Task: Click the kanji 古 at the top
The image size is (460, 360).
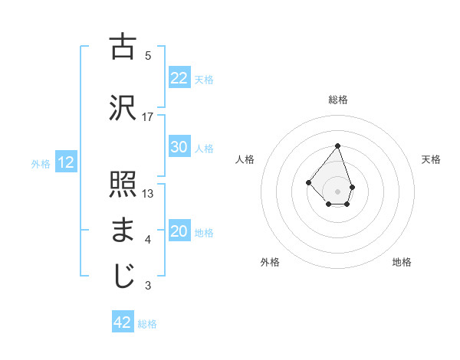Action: click(123, 47)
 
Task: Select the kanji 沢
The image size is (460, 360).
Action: click(123, 106)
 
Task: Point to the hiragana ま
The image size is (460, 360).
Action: click(123, 231)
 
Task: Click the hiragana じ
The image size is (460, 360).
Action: click(123, 277)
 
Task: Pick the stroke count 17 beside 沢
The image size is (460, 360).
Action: click(148, 116)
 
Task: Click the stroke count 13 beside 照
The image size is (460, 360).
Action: click(148, 194)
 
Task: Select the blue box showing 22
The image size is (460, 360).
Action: click(179, 77)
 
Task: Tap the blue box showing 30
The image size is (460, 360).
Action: click(179, 147)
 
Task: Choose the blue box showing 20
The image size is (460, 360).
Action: click(179, 232)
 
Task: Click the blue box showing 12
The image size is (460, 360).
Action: click(66, 162)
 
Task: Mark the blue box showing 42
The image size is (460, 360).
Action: click(123, 322)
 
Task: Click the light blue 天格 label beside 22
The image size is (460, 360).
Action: click(204, 79)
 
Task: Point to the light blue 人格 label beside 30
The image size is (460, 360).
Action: click(204, 149)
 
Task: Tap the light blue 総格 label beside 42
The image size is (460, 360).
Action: click(147, 324)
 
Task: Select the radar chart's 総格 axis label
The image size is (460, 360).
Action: click(338, 100)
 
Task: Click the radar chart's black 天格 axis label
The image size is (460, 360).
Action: click(432, 159)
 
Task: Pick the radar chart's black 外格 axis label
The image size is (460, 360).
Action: click(270, 262)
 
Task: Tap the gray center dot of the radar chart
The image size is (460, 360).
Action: click(337, 191)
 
